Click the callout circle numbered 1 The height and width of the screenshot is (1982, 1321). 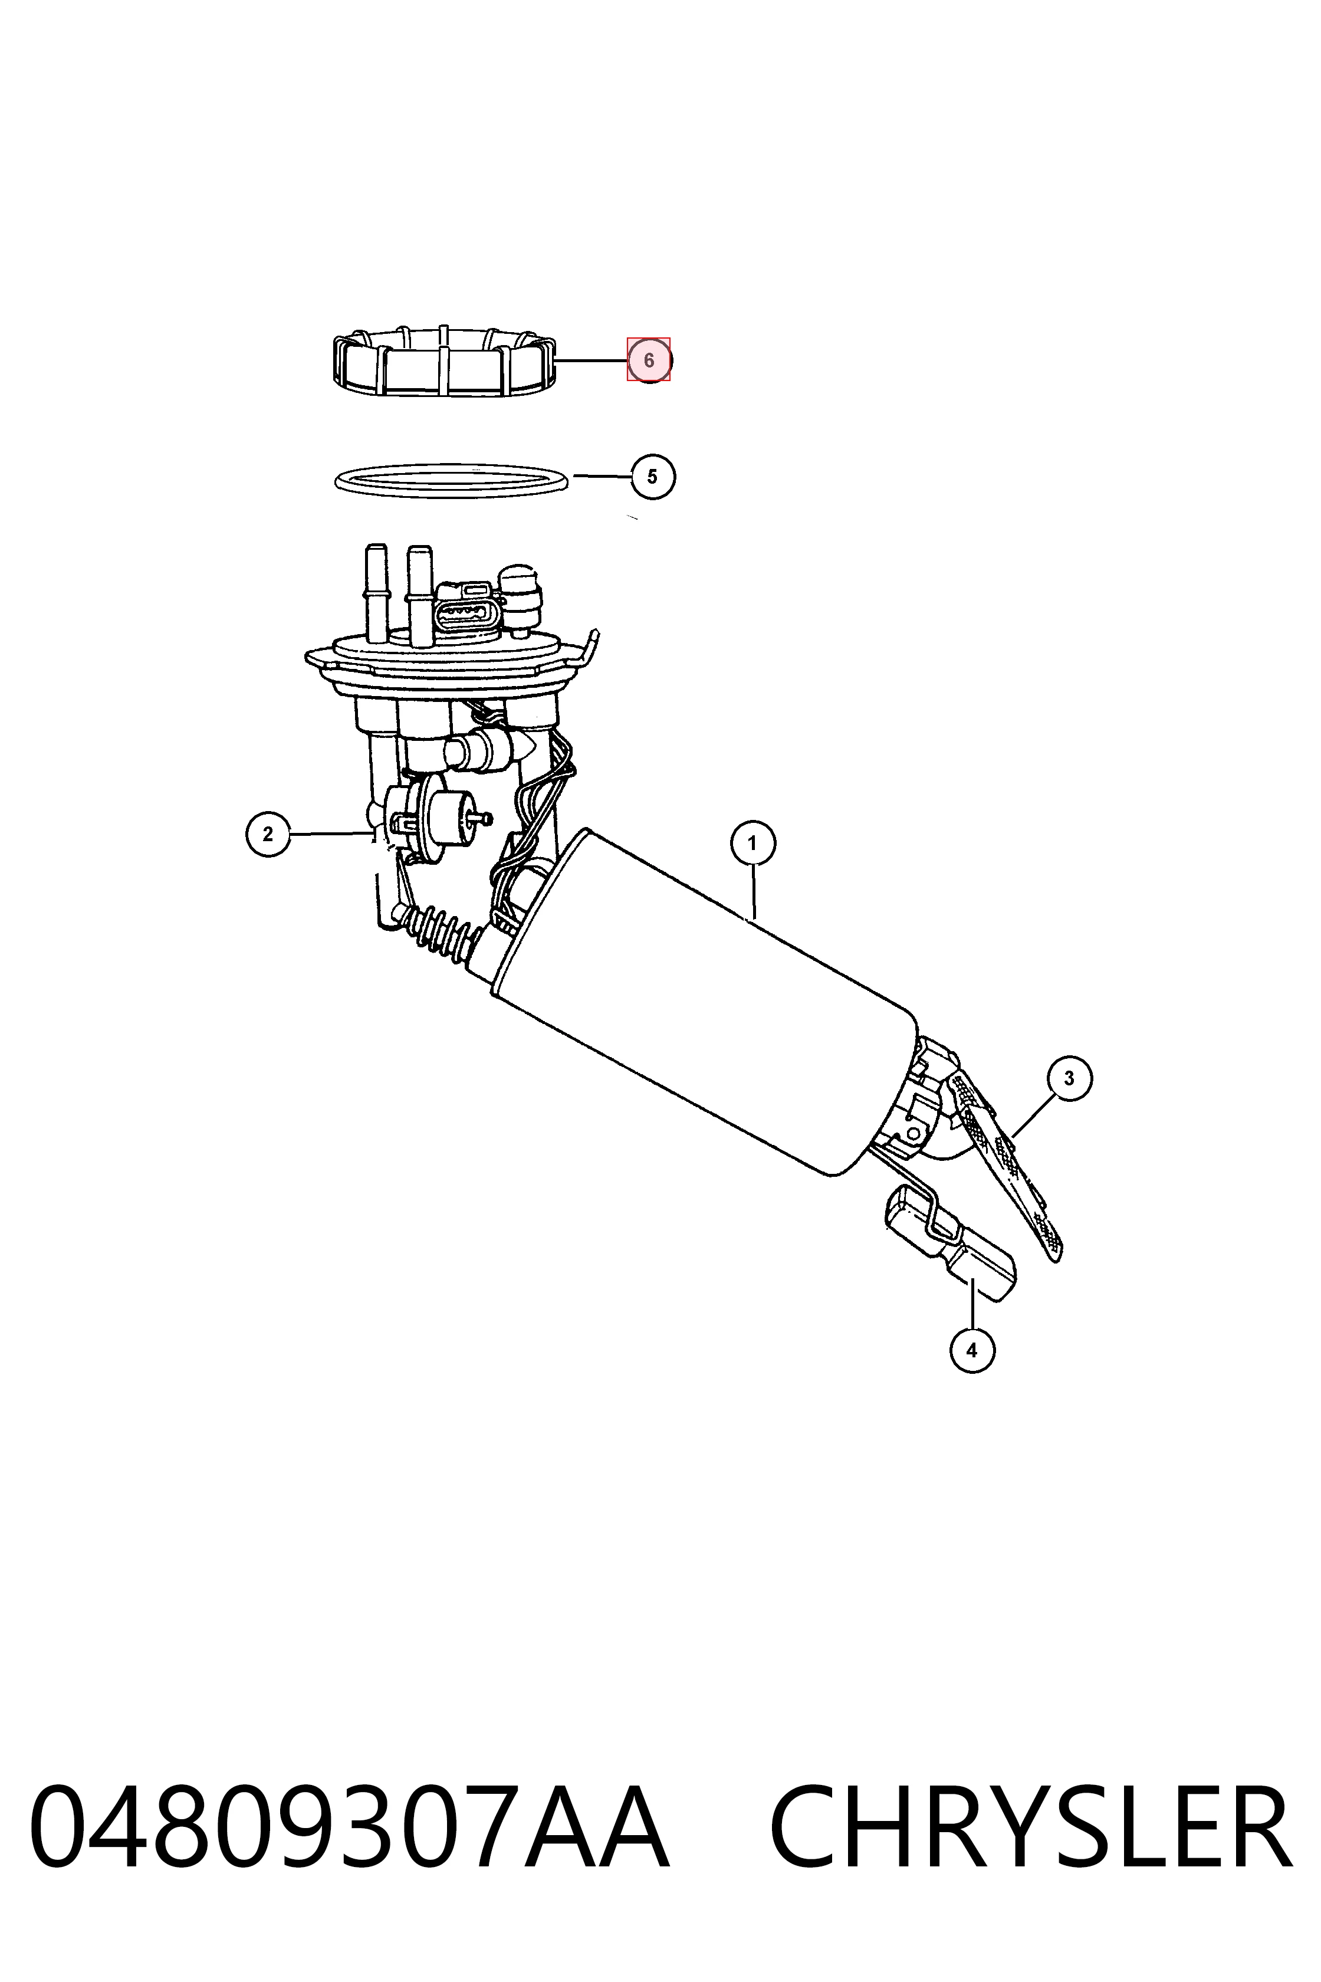pyautogui.click(x=752, y=843)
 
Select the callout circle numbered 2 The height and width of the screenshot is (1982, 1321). pyautogui.click(x=268, y=834)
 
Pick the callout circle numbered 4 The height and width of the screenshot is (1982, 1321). pyautogui.click(x=972, y=1350)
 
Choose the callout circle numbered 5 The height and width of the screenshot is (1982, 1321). pyautogui.click(x=653, y=477)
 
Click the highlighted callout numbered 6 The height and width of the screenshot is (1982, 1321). pyautogui.click(x=649, y=360)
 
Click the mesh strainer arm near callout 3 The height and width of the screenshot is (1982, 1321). pyautogui.click(x=1008, y=1168)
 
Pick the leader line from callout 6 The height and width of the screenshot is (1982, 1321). pyautogui.click(x=592, y=360)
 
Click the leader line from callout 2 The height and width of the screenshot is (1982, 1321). pyautogui.click(x=330, y=834)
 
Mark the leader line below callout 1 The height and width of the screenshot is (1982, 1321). pyautogui.click(x=754, y=891)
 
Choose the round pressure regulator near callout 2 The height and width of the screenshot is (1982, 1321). pyautogui.click(x=431, y=818)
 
